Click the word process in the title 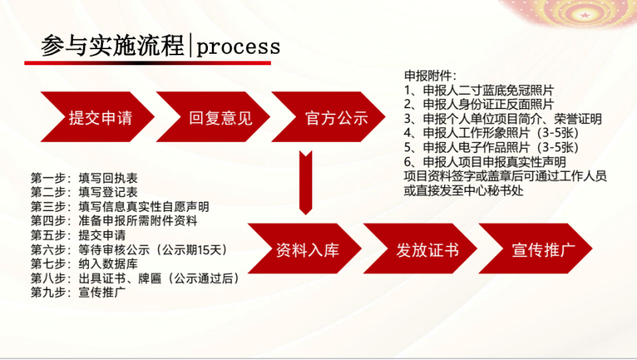point(239,47)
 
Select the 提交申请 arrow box point(97,117)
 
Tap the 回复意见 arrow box point(213,117)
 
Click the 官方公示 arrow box point(328,117)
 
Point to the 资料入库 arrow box point(305,249)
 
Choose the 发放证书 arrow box point(420,249)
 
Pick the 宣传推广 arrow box point(536,249)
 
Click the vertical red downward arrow point(305,183)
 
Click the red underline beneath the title point(147,63)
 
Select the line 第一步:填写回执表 point(84,178)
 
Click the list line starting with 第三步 point(120,206)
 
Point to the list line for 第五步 point(78,235)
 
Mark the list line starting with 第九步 point(78,292)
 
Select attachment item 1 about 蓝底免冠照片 point(479,91)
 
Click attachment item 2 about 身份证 point(479,104)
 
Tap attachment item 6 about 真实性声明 point(484,162)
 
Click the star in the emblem point(585,15)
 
